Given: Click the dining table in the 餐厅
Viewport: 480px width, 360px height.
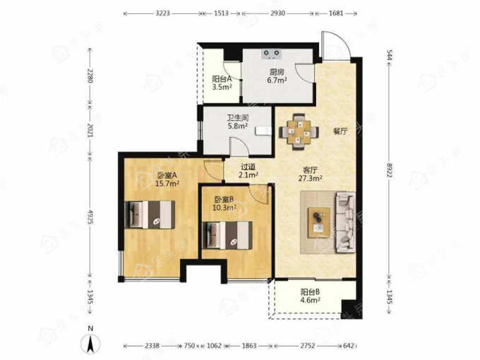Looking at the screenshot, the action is [x=299, y=132].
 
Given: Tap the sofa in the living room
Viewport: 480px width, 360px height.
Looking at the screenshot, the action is [x=346, y=222].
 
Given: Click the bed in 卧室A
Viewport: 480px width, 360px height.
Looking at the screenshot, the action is [x=150, y=215].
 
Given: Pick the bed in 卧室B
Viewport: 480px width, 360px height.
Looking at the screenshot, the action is [x=227, y=235].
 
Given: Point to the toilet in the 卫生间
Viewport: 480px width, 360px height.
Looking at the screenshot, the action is [x=263, y=131].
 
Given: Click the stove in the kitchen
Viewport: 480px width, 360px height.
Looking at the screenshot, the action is [x=272, y=54].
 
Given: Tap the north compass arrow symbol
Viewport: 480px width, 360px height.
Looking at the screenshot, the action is [x=90, y=343].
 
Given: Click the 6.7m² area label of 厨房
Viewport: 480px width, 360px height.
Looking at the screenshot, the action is [x=277, y=80].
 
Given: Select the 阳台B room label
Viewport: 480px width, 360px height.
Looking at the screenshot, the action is [x=311, y=292].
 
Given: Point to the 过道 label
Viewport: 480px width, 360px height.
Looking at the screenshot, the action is [x=248, y=167].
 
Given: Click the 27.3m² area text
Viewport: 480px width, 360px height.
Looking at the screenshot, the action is [x=310, y=178].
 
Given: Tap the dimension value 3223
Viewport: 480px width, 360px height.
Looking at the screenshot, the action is [x=162, y=13].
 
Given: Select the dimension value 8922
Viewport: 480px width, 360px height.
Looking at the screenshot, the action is [x=390, y=170].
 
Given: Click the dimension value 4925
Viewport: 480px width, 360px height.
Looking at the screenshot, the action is [x=90, y=217].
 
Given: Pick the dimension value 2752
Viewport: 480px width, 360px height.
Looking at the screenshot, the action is [x=307, y=346].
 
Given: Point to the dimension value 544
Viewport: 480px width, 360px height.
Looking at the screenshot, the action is [x=390, y=55].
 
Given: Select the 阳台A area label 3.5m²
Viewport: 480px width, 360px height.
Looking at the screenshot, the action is [x=222, y=87].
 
